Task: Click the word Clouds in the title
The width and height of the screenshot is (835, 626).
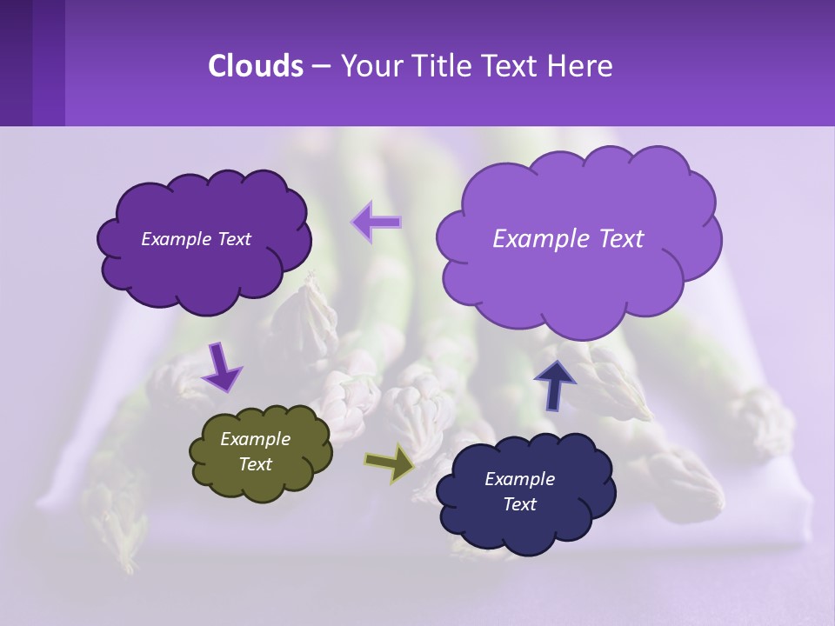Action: [255, 66]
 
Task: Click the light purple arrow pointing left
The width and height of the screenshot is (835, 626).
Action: [376, 222]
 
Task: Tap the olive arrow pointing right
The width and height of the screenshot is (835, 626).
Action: [389, 463]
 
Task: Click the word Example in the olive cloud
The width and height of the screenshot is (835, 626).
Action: [255, 439]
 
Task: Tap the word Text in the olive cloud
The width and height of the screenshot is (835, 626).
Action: [255, 464]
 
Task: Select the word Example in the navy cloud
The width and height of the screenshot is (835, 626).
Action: [519, 479]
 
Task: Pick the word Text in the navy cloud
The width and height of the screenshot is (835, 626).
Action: [519, 504]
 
